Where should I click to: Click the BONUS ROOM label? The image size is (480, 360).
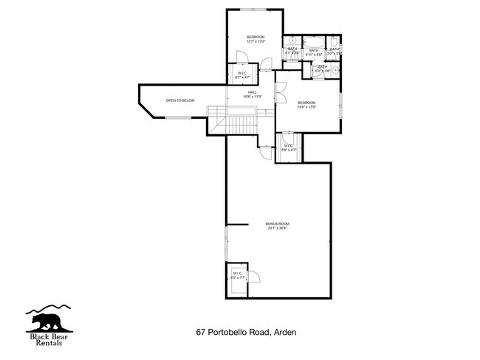point(278,224)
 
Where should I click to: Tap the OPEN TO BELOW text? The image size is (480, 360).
point(180,100)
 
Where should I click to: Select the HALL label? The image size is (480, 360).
point(253,92)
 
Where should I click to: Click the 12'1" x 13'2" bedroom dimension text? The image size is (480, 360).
point(256,41)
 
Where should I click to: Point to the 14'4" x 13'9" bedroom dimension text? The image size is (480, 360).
point(306,107)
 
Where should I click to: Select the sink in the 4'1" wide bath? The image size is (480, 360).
point(292,40)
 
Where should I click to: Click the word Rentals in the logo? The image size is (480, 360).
point(51,343)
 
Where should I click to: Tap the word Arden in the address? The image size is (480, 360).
point(285,333)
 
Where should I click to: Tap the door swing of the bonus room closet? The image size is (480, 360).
point(253,276)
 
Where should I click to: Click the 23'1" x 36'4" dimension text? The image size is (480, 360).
point(278,228)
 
